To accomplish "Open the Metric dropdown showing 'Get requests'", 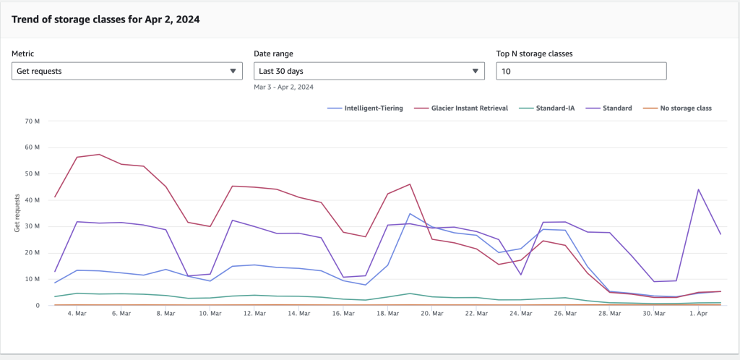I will coord(127,71).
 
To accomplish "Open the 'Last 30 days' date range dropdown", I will coord(369,71).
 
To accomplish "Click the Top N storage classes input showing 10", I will coord(580,71).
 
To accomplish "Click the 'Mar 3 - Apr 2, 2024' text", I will coord(283,87).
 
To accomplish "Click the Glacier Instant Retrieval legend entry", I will coord(462,108).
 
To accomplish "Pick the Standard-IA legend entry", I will coord(548,108).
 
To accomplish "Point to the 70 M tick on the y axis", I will coord(32,121).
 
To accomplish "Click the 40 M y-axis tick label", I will coord(32,200).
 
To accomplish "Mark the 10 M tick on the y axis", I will coord(32,279).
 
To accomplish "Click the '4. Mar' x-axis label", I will coord(77,314).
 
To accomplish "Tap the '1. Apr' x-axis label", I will coord(699,314).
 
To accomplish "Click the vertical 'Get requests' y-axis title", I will coord(17,213).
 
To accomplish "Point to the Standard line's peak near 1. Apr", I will coord(699,189).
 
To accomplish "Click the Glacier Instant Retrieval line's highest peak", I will coord(99,154).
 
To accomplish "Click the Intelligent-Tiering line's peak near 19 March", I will coord(410,213).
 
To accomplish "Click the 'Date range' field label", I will coord(273,53).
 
